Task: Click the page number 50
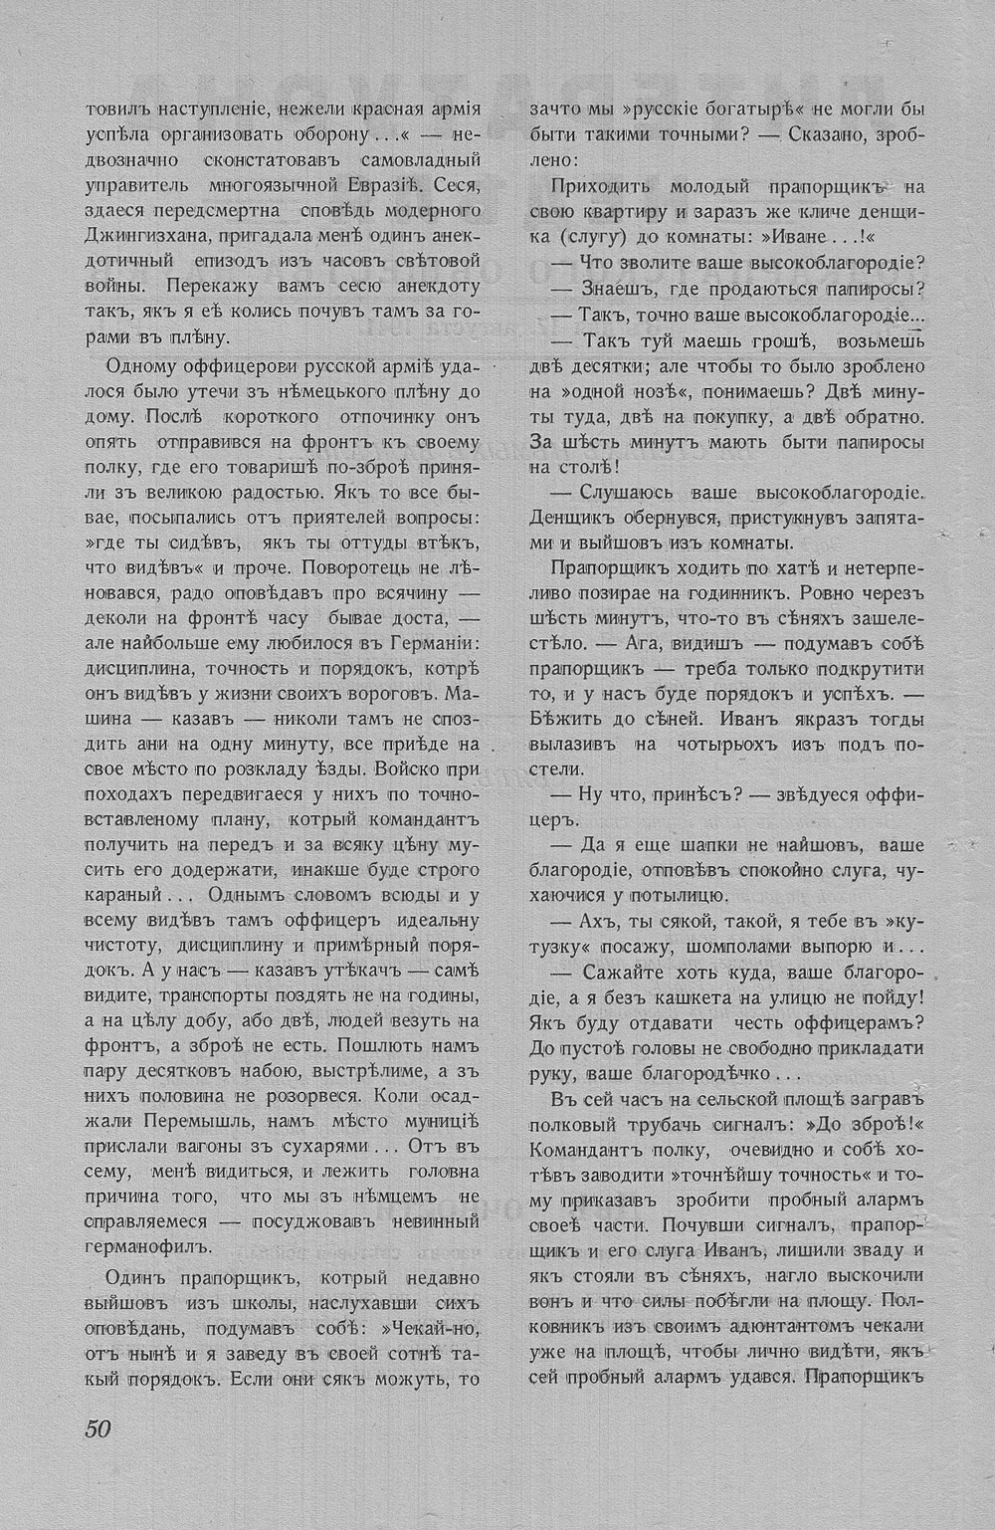97,1426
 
